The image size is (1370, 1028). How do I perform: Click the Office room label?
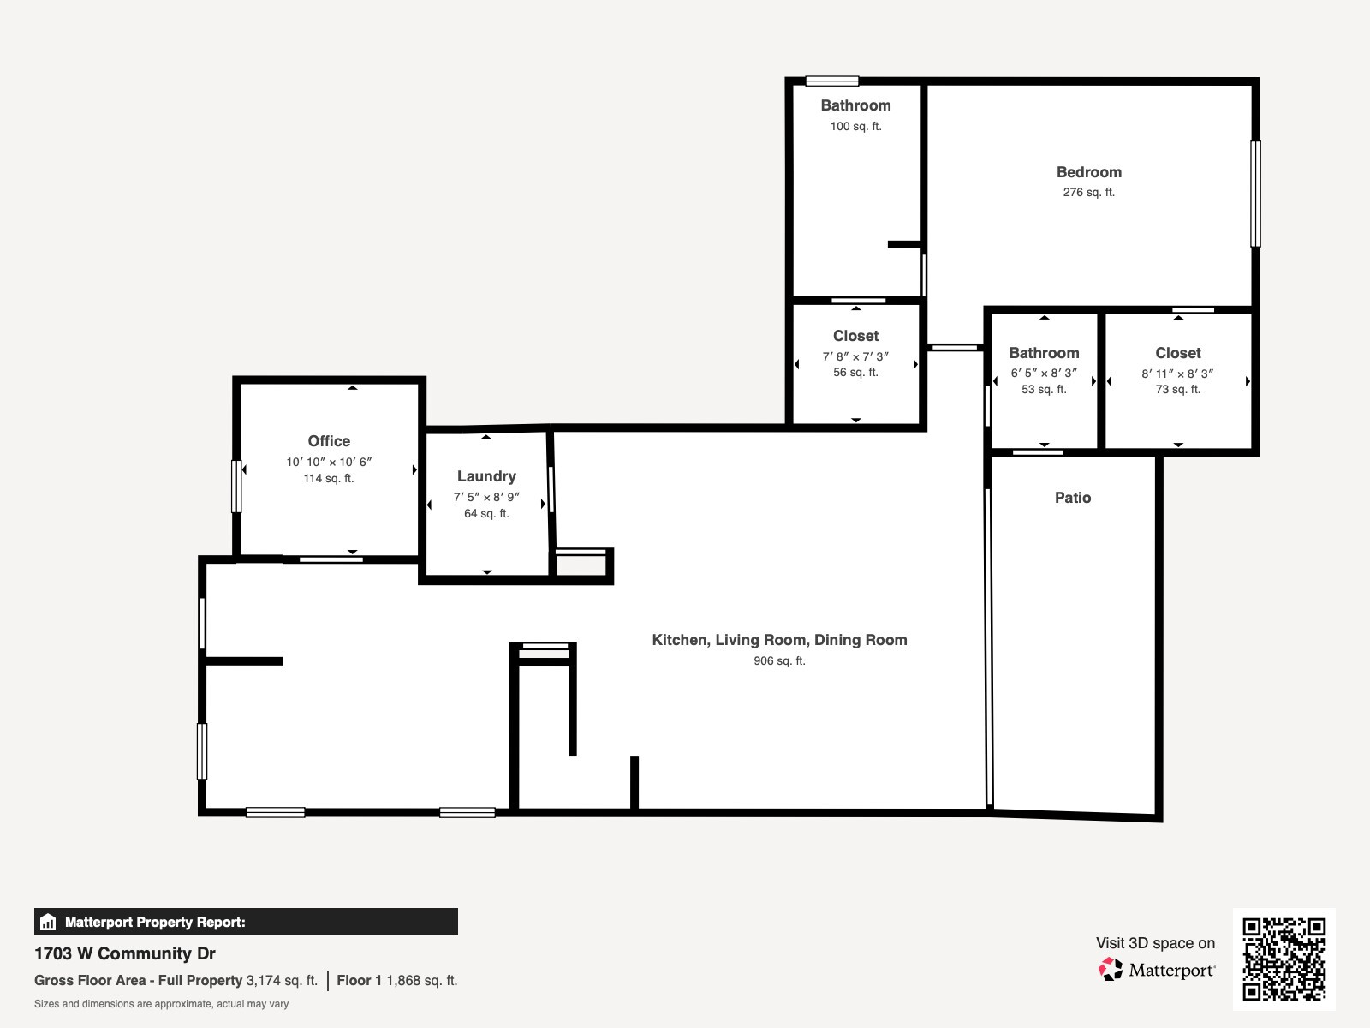pyautogui.click(x=329, y=441)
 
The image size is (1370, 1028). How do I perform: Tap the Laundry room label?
pyautogui.click(x=486, y=476)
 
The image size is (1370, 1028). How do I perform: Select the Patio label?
pyautogui.click(x=1073, y=498)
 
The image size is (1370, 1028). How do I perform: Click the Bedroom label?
pyautogui.click(x=1088, y=172)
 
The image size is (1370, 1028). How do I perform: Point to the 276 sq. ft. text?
pyautogui.click(x=1088, y=193)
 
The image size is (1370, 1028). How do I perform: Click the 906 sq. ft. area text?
pyautogui.click(x=779, y=661)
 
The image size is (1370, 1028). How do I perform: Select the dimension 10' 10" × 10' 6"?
pyautogui.click(x=329, y=462)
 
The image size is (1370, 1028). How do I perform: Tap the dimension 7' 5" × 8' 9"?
pyautogui.click(x=486, y=497)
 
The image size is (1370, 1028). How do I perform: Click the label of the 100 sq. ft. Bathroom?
pyautogui.click(x=855, y=105)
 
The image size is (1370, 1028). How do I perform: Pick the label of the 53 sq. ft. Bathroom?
pyautogui.click(x=1044, y=353)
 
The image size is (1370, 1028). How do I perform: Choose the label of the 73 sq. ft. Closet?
pyautogui.click(x=1177, y=353)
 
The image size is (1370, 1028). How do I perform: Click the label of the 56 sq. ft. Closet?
pyautogui.click(x=855, y=336)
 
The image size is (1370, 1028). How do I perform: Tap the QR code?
pyautogui.click(x=1284, y=959)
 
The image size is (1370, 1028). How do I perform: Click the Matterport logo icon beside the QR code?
pyautogui.click(x=1111, y=970)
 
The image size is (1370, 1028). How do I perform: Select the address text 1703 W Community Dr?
pyautogui.click(x=125, y=953)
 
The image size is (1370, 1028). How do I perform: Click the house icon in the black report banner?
pyautogui.click(x=48, y=923)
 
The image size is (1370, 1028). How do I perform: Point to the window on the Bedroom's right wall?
pyautogui.click(x=1255, y=194)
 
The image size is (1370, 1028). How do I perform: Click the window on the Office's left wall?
pyautogui.click(x=236, y=487)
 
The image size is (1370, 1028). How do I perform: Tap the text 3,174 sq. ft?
pyautogui.click(x=282, y=980)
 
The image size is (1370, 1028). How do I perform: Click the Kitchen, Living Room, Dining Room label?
pyautogui.click(x=779, y=640)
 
